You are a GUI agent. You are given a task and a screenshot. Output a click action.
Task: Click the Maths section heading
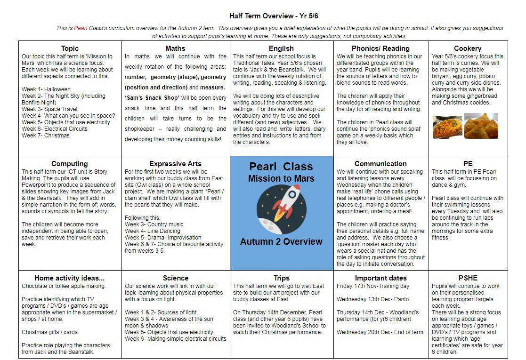175,48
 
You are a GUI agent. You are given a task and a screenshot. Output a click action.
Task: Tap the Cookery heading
467,48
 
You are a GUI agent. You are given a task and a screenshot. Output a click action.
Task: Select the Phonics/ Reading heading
380,48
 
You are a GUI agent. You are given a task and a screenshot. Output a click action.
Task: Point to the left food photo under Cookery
447,127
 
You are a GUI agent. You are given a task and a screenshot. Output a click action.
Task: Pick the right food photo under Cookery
481,126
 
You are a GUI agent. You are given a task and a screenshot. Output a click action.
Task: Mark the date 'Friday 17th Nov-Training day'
373,286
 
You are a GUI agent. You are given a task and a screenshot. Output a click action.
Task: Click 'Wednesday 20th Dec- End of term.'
380,332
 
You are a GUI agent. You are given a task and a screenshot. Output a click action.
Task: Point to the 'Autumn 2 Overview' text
281,242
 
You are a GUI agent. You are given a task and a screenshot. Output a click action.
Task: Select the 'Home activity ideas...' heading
70,278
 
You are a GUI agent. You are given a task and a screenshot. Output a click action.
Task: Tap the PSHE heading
468,278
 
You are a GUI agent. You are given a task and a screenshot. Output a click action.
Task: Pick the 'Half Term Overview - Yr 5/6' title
274,16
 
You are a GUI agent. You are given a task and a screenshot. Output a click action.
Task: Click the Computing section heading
69,164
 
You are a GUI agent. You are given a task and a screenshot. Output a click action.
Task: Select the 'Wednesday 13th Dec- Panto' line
372,299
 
